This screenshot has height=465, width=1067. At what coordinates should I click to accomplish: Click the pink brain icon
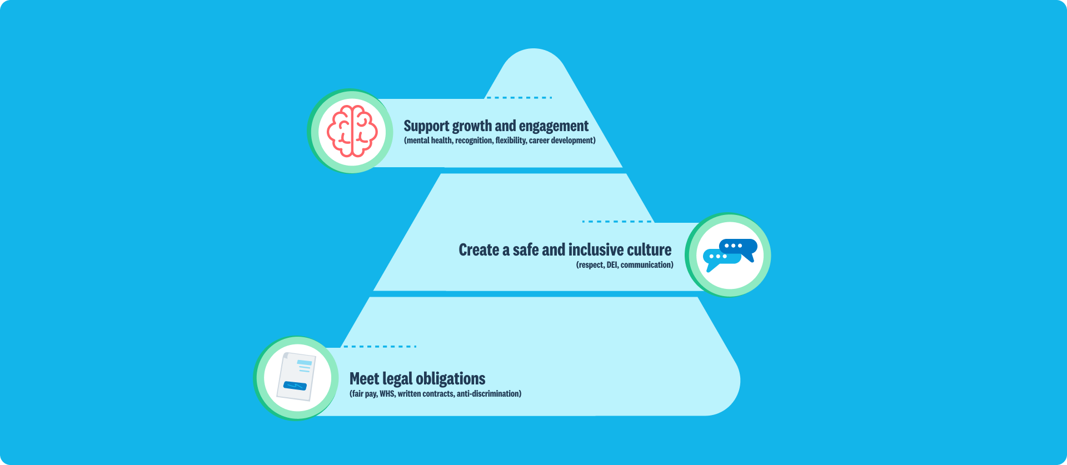tap(352, 131)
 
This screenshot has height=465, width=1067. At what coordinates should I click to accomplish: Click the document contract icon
tap(297, 376)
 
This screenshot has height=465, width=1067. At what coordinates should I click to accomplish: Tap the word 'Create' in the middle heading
tap(478, 250)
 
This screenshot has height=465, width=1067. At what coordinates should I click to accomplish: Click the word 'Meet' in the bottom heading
tap(364, 379)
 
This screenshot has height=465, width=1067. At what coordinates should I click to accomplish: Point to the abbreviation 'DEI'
tap(612, 265)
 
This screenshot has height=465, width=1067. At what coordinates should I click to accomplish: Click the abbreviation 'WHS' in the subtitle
tap(387, 394)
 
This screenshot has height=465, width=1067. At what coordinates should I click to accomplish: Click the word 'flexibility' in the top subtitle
tap(511, 141)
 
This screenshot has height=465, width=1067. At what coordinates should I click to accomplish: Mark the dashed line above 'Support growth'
tap(519, 98)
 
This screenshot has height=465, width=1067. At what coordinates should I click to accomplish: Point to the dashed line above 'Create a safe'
tap(617, 221)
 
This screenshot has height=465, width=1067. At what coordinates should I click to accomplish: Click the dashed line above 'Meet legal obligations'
tap(380, 346)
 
